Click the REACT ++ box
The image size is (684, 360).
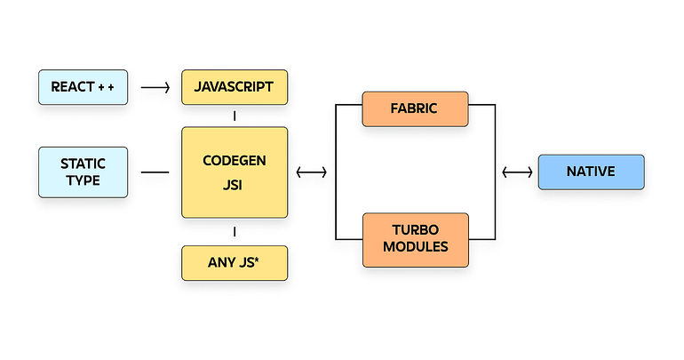point(83,87)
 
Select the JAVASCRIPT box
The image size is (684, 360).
point(235,87)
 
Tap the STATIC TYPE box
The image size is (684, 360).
point(83,172)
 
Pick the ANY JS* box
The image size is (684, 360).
point(235,263)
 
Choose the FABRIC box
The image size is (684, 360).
point(416,109)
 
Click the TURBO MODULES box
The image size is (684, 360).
point(416,240)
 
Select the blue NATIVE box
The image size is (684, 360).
point(591,172)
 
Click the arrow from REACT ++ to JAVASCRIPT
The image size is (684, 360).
point(155,88)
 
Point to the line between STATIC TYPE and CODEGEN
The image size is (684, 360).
point(155,172)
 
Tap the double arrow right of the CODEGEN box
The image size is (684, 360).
point(312,172)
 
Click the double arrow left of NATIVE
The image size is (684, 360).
point(517,172)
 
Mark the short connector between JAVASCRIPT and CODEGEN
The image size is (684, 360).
point(235,116)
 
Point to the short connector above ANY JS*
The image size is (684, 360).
point(235,232)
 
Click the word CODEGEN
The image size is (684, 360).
point(235,161)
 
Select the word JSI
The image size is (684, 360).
point(233,185)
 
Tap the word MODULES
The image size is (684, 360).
point(416,247)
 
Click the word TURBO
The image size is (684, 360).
point(416,230)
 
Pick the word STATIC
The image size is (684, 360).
point(83,164)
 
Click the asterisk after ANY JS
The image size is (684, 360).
point(256,260)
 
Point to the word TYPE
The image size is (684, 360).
point(83,180)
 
